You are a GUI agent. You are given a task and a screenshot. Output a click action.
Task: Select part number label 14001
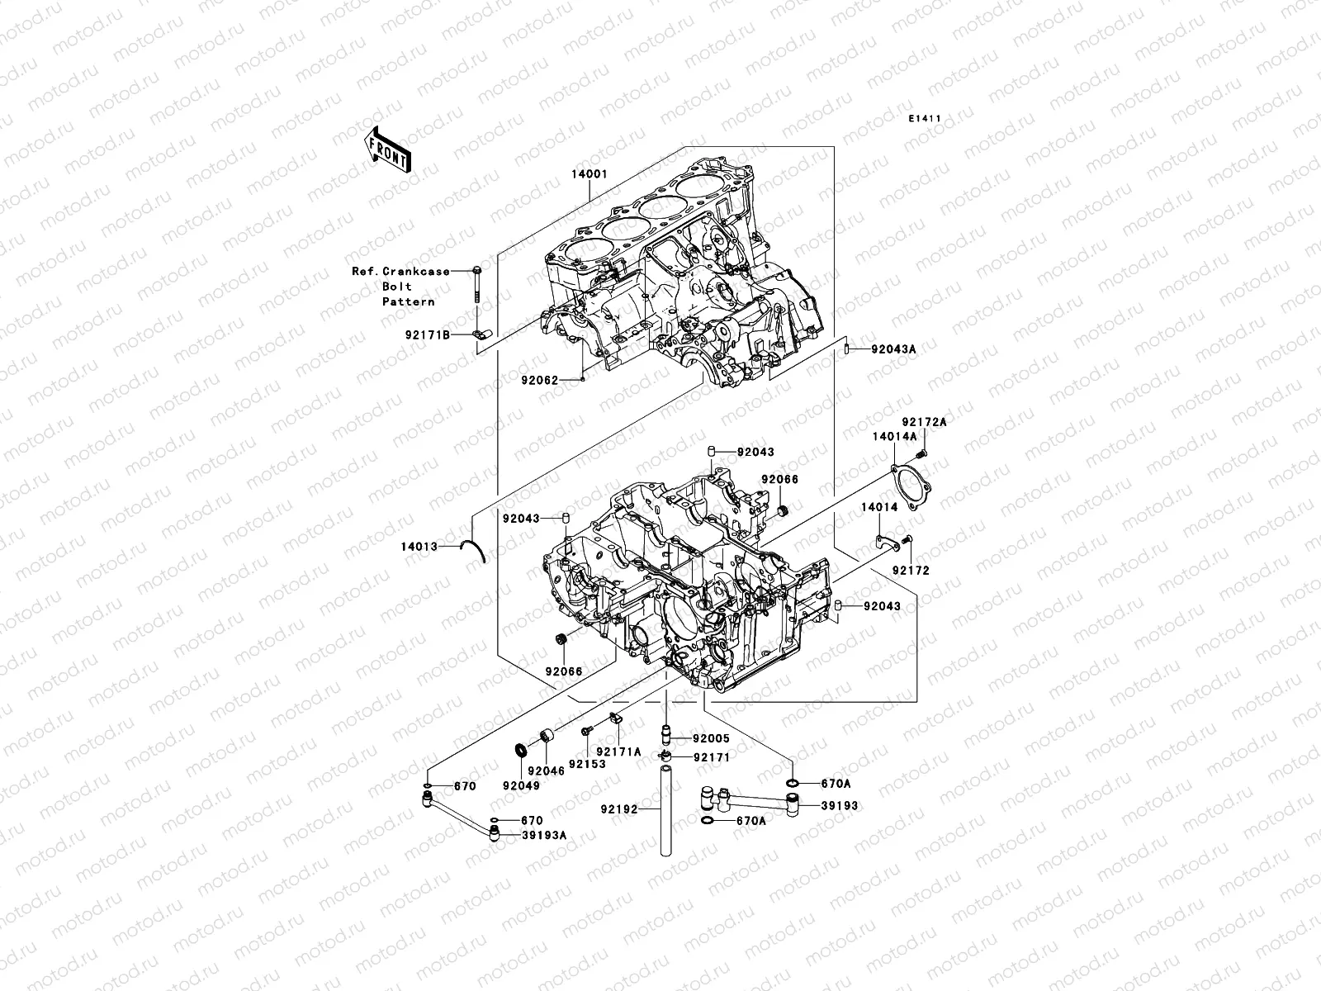point(589,175)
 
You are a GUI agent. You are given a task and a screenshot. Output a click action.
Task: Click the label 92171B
point(428,335)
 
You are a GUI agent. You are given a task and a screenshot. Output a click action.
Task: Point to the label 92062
point(539,381)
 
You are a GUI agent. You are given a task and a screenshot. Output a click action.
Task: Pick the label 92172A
point(923,422)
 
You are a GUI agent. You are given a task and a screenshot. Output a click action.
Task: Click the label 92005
point(711,739)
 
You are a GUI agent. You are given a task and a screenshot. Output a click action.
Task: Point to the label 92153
point(586,765)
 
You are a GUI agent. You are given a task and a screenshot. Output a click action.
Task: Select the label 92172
point(911,571)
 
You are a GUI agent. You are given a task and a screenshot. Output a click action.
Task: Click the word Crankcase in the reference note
point(421,271)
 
